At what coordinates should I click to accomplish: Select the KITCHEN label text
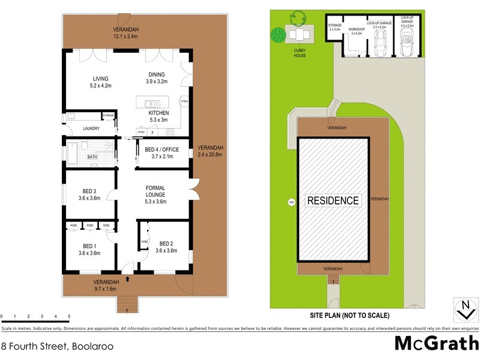click(x=159, y=113)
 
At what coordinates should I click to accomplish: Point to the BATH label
click(x=92, y=157)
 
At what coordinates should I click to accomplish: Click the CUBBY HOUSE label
click(x=299, y=52)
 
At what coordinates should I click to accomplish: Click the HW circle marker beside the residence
click(x=292, y=202)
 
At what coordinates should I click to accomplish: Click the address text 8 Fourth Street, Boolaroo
click(x=57, y=346)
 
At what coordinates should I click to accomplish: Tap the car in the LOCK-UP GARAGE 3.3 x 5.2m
click(x=379, y=44)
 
